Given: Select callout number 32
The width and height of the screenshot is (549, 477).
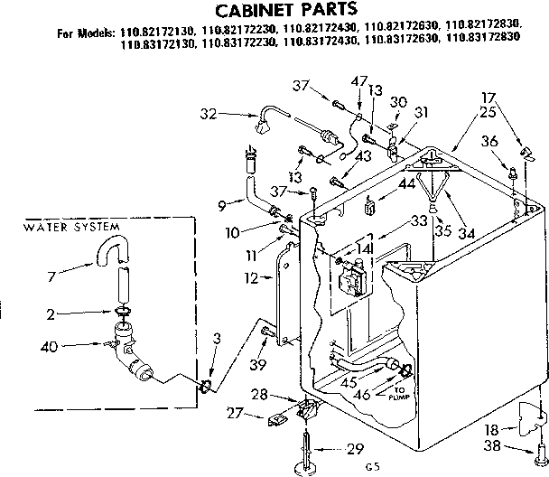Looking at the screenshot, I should [209, 114].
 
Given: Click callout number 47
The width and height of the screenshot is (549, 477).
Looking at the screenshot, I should [359, 81].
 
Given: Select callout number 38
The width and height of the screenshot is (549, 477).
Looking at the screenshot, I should [492, 447].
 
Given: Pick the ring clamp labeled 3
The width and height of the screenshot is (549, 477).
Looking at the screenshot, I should [207, 386].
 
